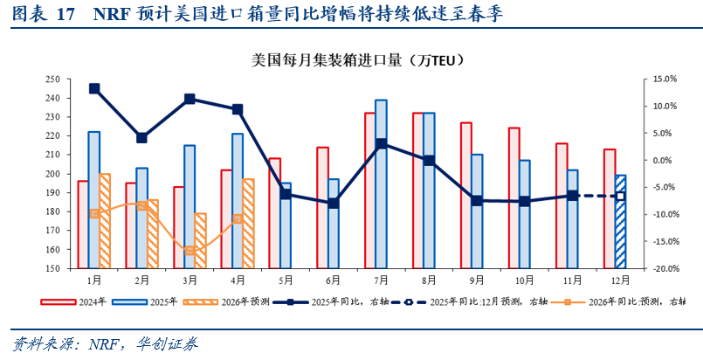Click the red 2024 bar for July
pos(370,190)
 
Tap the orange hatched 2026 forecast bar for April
pos(248,223)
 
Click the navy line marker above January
pos(94,88)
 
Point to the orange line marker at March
pos(190,251)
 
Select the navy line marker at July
pos(381,143)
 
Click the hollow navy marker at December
pos(621,196)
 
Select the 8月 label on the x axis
pos(429,280)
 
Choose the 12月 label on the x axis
pos(620,280)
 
